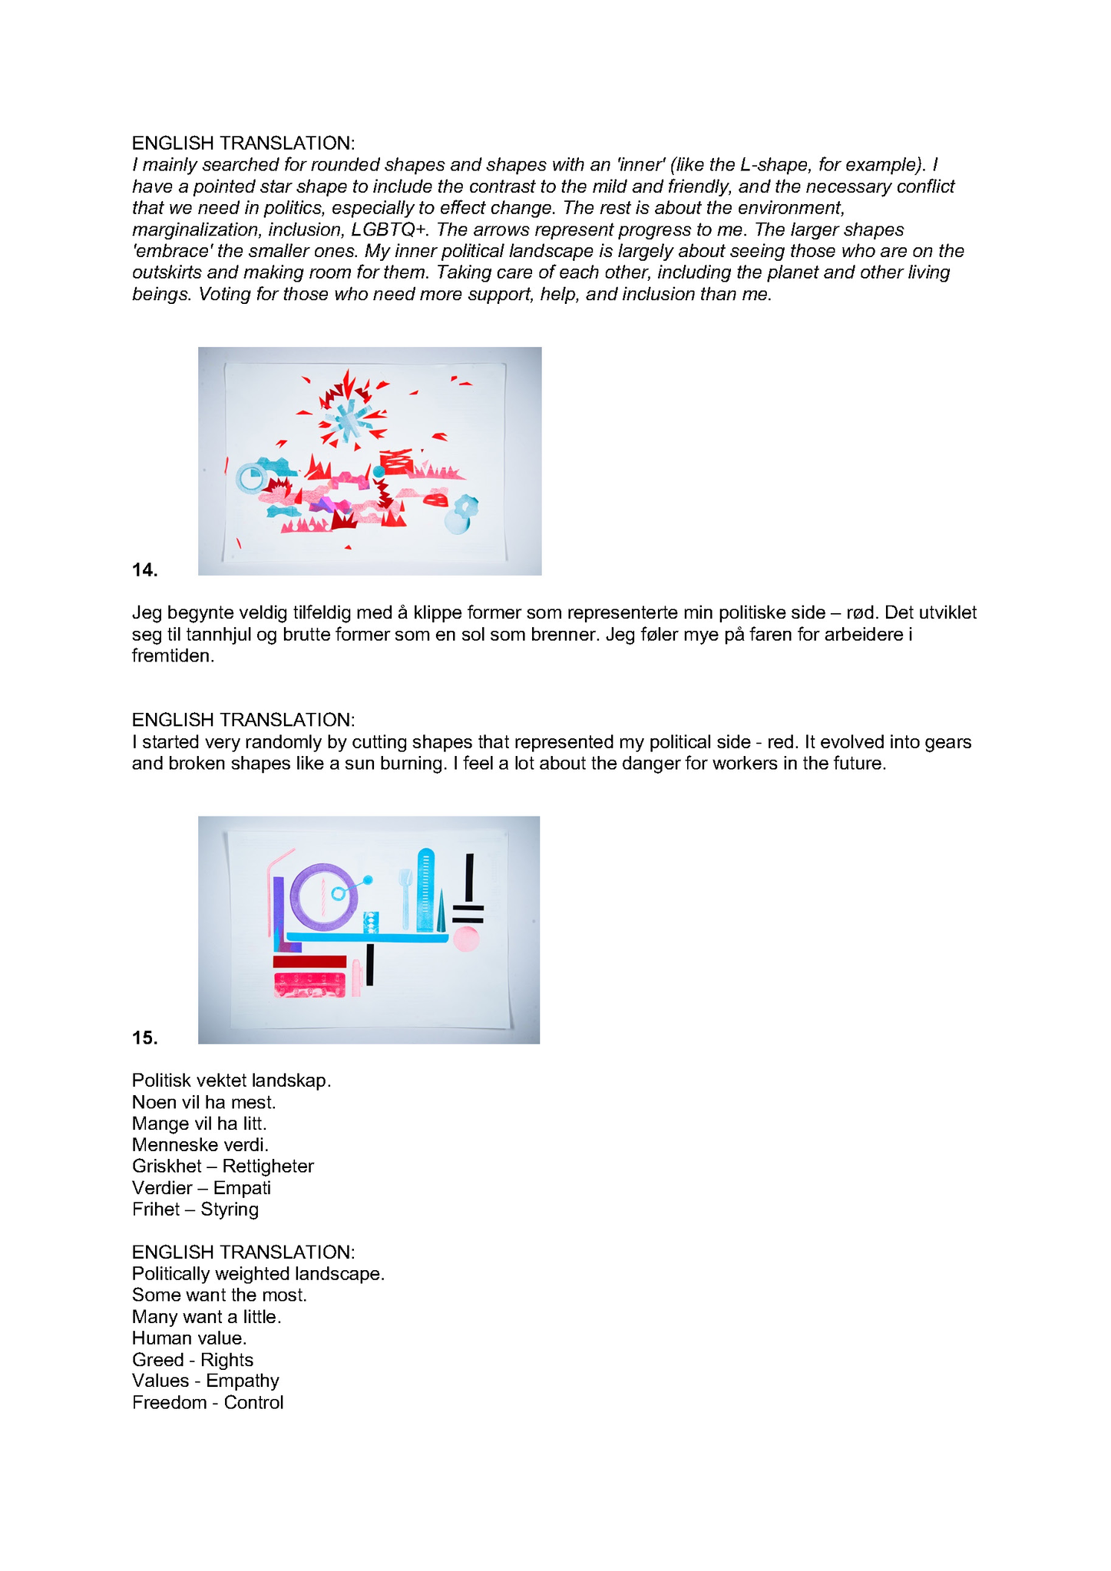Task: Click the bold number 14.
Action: tap(144, 569)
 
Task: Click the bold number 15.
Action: tap(144, 1038)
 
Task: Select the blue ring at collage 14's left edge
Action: tap(250, 478)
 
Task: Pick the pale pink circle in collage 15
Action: tap(466, 939)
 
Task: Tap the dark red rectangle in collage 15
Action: tap(309, 961)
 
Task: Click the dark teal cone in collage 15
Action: tap(441, 910)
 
